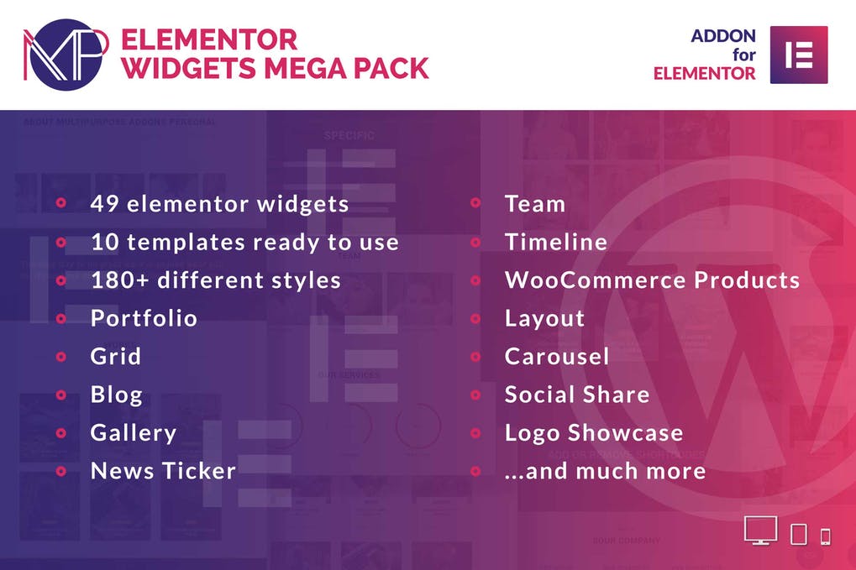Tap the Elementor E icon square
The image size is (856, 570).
tap(798, 55)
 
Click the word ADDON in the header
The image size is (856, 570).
tap(723, 36)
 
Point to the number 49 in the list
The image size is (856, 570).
tap(105, 204)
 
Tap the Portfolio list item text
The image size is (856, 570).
tap(144, 319)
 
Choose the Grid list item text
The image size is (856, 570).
tap(116, 357)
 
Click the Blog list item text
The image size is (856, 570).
tap(117, 395)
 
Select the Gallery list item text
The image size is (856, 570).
tap(134, 433)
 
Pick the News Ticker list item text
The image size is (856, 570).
tap(163, 471)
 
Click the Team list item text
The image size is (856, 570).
tap(535, 204)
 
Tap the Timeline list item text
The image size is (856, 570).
tap(556, 243)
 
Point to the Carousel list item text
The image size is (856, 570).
tap(557, 357)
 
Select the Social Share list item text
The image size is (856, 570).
tap(577, 395)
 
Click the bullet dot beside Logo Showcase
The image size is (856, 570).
tap(475, 433)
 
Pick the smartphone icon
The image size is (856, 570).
tap(825, 536)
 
